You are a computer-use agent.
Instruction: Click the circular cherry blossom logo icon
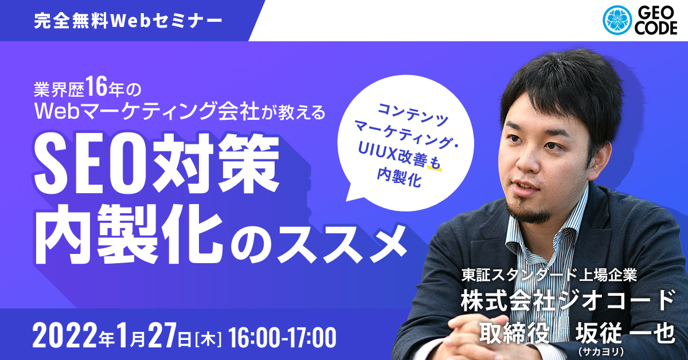tap(617, 20)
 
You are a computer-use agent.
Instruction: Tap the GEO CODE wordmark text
tap(656, 21)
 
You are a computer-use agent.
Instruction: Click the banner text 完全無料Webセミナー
tap(128, 21)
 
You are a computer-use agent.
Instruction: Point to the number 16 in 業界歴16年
tap(96, 87)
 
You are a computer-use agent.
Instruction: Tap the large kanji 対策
tap(214, 164)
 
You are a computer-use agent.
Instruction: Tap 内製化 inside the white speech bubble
tap(398, 177)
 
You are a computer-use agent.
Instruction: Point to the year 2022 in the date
tap(65, 337)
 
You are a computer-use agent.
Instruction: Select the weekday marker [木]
tap(208, 339)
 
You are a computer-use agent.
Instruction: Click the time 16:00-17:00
tap(282, 338)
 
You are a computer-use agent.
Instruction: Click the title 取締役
tap(514, 333)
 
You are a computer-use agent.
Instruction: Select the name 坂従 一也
tap(626, 333)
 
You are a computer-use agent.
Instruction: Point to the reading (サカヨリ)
tap(600, 351)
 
